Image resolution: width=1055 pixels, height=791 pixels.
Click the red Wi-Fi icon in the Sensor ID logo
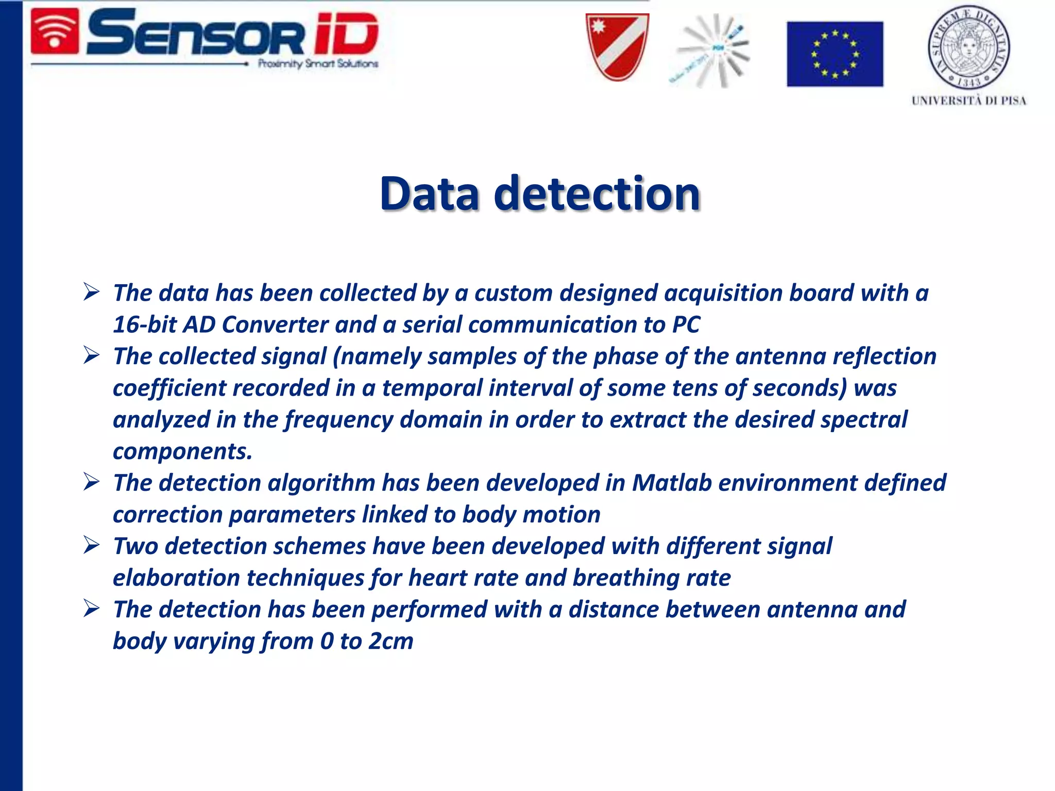(x=55, y=32)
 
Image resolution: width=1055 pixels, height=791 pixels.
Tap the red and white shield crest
(x=617, y=47)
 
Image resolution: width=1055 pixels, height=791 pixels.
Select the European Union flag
(x=835, y=54)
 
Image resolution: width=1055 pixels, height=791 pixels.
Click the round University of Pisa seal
(x=968, y=48)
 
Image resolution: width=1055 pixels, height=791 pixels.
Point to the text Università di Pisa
(x=968, y=101)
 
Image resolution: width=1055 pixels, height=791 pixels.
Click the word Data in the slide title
(x=430, y=194)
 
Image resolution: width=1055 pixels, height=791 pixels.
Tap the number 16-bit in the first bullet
(x=145, y=325)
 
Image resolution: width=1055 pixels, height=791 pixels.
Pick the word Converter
(x=275, y=325)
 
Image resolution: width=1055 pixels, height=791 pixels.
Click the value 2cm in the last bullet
(x=391, y=641)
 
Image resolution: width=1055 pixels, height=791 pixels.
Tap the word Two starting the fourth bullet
(x=135, y=546)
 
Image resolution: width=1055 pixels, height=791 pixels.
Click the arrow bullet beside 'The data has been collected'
(x=91, y=292)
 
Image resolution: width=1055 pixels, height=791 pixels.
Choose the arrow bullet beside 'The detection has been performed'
(x=91, y=609)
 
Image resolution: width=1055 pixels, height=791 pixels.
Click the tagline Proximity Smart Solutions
(x=318, y=64)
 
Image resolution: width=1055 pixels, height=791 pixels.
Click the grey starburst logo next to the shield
(x=713, y=50)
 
